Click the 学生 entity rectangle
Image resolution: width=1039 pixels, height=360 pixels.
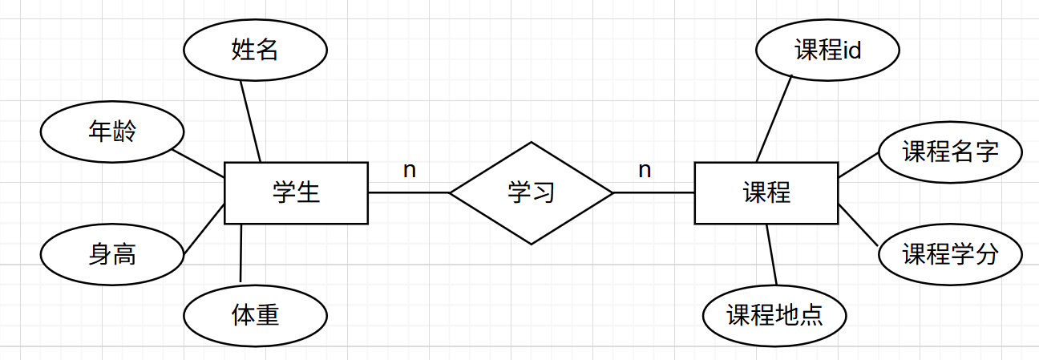(x=296, y=192)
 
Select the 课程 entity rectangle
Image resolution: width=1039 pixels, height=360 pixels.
(x=766, y=192)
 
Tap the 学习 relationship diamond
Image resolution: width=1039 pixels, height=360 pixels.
(x=531, y=192)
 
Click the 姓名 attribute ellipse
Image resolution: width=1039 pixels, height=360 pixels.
(x=255, y=50)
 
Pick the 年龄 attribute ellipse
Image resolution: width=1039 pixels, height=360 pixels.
(x=112, y=131)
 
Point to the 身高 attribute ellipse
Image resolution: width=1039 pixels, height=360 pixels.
(x=112, y=254)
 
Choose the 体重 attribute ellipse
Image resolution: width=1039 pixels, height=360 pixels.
(x=255, y=315)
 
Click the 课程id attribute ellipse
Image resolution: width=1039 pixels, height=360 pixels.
(x=827, y=51)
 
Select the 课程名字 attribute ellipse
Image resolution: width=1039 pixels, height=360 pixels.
(x=950, y=152)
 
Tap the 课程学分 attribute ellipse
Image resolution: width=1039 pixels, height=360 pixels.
(x=950, y=255)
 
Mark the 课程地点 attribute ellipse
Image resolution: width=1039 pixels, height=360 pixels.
(x=774, y=315)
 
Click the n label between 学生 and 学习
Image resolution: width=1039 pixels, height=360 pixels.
(x=410, y=170)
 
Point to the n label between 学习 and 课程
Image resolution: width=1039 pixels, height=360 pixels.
(x=645, y=170)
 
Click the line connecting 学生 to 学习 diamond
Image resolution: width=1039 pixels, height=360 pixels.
(x=408, y=192)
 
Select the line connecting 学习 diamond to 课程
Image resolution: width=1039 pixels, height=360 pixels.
(x=653, y=192)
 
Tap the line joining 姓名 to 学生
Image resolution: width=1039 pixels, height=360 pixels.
(x=251, y=121)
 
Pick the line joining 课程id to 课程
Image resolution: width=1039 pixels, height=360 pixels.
(x=774, y=119)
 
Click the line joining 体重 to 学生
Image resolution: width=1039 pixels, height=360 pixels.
(x=241, y=253)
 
